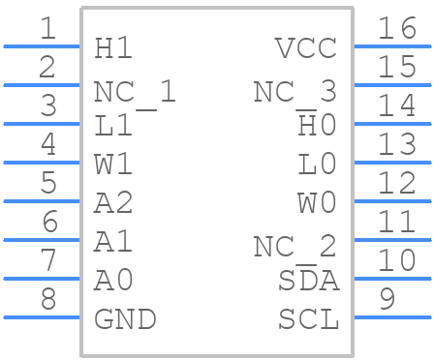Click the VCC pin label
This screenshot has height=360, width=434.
coord(306,48)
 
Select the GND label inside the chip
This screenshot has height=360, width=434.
coord(125,318)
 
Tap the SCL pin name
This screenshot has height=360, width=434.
coord(308,318)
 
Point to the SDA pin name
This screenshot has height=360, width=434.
coord(308,281)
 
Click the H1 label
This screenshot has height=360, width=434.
coord(113,48)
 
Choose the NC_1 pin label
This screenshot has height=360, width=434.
coord(135,92)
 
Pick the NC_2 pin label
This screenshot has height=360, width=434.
coord(294,247)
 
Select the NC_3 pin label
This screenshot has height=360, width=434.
coord(294,92)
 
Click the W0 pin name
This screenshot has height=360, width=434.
coord(317,203)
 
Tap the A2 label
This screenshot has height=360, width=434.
coord(113,203)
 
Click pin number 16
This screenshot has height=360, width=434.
coord(396,28)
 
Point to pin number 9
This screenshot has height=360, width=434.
coord(387,299)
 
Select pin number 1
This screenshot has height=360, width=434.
coord(47,28)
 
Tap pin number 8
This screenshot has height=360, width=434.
coord(47,299)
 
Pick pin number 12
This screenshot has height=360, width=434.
coord(396,183)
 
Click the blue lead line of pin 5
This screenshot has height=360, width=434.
coord(42,201)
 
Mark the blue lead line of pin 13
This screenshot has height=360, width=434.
coord(391,163)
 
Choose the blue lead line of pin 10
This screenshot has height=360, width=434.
coord(391,279)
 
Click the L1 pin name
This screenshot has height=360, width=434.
coord(113,126)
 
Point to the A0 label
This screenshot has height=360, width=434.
coord(113,281)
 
